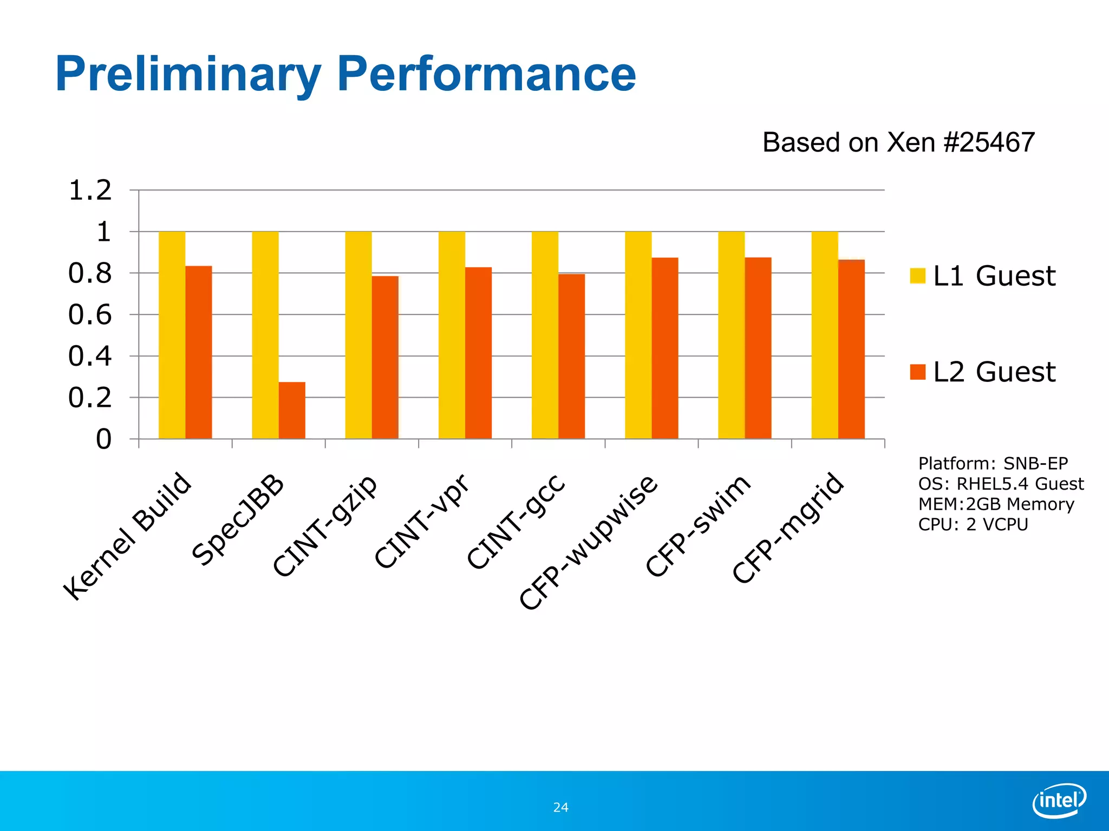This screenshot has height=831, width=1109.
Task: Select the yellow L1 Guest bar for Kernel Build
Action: [172, 335]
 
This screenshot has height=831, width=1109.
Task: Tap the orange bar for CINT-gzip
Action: [385, 357]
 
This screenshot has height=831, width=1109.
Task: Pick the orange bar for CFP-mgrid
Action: [851, 349]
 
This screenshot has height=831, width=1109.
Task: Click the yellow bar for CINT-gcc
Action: [545, 335]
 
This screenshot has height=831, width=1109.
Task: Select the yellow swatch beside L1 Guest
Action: [918, 275]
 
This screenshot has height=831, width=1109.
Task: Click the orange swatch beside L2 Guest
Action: [918, 372]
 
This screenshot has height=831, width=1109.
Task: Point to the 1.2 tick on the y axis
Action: [90, 190]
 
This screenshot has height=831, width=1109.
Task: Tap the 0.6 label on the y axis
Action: [90, 315]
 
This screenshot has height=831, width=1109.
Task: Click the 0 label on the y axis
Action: [103, 439]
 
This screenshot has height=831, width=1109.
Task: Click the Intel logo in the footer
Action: [1059, 800]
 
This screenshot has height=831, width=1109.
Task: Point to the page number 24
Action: [560, 808]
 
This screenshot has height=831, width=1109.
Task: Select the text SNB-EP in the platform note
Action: [1035, 464]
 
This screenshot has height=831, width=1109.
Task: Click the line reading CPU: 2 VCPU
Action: [973, 524]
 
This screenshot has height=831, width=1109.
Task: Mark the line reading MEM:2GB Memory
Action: [996, 504]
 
